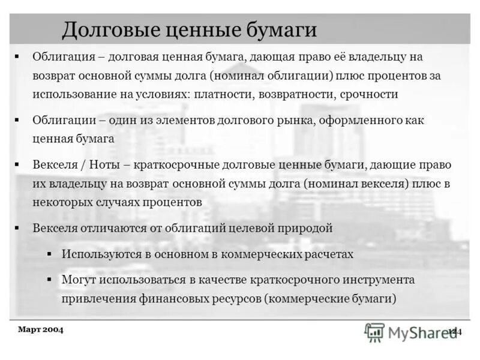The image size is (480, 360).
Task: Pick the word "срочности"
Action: point(368,94)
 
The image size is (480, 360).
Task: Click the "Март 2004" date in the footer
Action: point(41,329)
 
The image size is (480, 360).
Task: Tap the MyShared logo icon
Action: point(375,332)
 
